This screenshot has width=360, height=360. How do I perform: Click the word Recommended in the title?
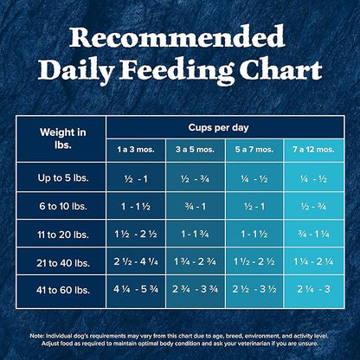click(179, 37)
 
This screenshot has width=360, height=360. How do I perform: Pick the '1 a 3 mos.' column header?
click(136, 150)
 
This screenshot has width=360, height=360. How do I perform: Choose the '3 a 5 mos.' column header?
click(195, 150)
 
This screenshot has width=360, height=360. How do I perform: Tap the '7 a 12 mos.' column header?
click(312, 150)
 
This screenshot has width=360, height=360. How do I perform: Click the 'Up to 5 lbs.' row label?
click(62, 178)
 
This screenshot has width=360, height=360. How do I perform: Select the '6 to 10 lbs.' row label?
click(62, 208)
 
